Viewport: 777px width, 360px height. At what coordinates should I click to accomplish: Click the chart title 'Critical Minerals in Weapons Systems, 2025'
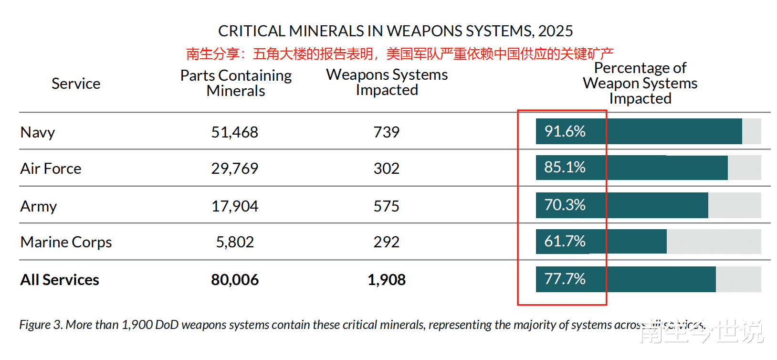(395, 31)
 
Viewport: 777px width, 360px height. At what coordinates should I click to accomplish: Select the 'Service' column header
(76, 84)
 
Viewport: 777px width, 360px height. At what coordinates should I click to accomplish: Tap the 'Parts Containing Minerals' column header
(236, 83)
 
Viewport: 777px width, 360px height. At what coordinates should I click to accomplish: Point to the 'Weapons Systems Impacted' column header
(387, 82)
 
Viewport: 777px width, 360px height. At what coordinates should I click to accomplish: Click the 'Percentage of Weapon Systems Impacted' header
(640, 83)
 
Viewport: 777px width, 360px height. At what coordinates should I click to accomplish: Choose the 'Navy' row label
(38, 132)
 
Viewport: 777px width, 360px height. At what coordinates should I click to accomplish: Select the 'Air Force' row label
(51, 169)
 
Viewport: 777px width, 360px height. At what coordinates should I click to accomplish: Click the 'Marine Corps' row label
(66, 242)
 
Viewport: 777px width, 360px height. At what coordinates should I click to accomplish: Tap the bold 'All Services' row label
(60, 280)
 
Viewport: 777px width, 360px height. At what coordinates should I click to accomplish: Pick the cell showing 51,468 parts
(234, 132)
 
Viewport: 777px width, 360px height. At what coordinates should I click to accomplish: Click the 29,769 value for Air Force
(234, 169)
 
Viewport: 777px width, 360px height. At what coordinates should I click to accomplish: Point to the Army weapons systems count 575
(386, 206)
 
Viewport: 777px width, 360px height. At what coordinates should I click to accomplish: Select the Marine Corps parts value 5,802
(235, 242)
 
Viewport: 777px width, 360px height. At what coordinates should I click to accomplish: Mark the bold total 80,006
(235, 280)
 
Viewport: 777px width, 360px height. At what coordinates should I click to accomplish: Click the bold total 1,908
(386, 280)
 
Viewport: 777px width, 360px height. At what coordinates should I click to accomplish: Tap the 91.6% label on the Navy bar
(565, 131)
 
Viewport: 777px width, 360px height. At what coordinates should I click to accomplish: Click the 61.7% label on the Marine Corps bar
(565, 241)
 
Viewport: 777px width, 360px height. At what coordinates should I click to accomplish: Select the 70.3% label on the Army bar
(565, 205)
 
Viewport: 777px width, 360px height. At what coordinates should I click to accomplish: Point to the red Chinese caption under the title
(399, 53)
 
